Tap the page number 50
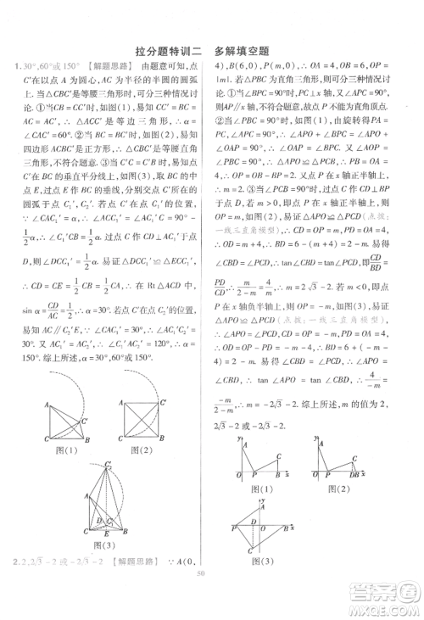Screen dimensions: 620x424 tap(201, 595)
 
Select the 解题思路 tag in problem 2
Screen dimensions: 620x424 tap(137, 563)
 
